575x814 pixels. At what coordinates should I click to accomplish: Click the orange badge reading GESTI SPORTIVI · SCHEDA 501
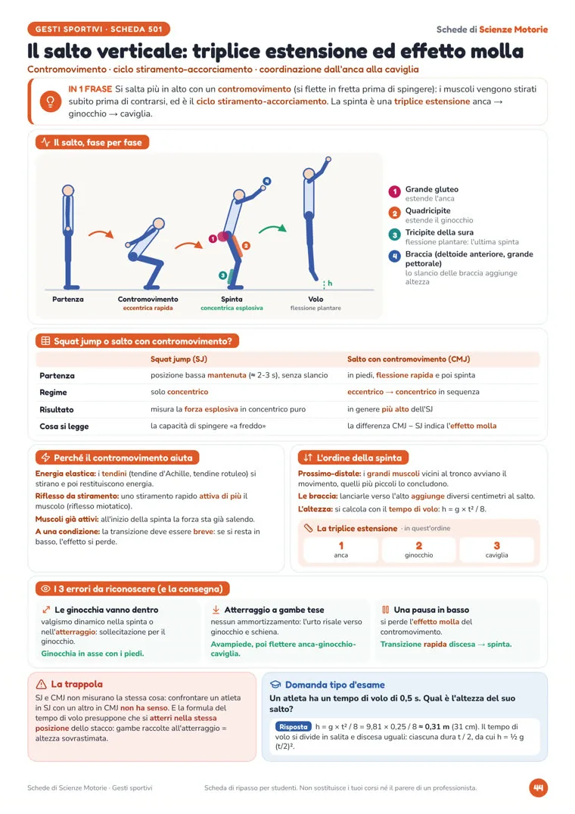tap(98, 29)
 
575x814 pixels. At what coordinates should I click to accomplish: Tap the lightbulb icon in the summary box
tap(51, 101)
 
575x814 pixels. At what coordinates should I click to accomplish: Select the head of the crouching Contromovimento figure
tap(159, 223)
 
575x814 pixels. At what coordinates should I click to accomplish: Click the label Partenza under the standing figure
tap(68, 299)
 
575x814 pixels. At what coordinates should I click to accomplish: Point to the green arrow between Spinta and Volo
tap(272, 228)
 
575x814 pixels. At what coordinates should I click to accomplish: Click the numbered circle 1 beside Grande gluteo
tap(394, 192)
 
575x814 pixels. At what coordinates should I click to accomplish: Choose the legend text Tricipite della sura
tap(439, 232)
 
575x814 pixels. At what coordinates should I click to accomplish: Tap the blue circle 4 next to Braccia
tap(394, 256)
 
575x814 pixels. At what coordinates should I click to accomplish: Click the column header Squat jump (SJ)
tap(179, 359)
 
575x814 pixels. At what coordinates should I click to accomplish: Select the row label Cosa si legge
tap(64, 426)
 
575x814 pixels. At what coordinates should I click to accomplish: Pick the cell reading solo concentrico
tap(179, 392)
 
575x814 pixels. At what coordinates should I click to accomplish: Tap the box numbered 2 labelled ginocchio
tap(419, 550)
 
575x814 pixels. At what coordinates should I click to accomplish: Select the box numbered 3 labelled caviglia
tap(496, 550)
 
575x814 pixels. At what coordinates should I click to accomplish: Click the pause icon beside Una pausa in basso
tap(386, 610)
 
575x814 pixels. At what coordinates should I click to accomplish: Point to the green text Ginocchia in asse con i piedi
tap(92, 654)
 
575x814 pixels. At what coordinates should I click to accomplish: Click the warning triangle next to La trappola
tap(41, 684)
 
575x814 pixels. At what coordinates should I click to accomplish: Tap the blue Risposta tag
tap(294, 727)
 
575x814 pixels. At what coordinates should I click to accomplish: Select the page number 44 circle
tap(538, 788)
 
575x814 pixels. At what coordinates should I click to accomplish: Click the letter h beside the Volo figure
tap(330, 283)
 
